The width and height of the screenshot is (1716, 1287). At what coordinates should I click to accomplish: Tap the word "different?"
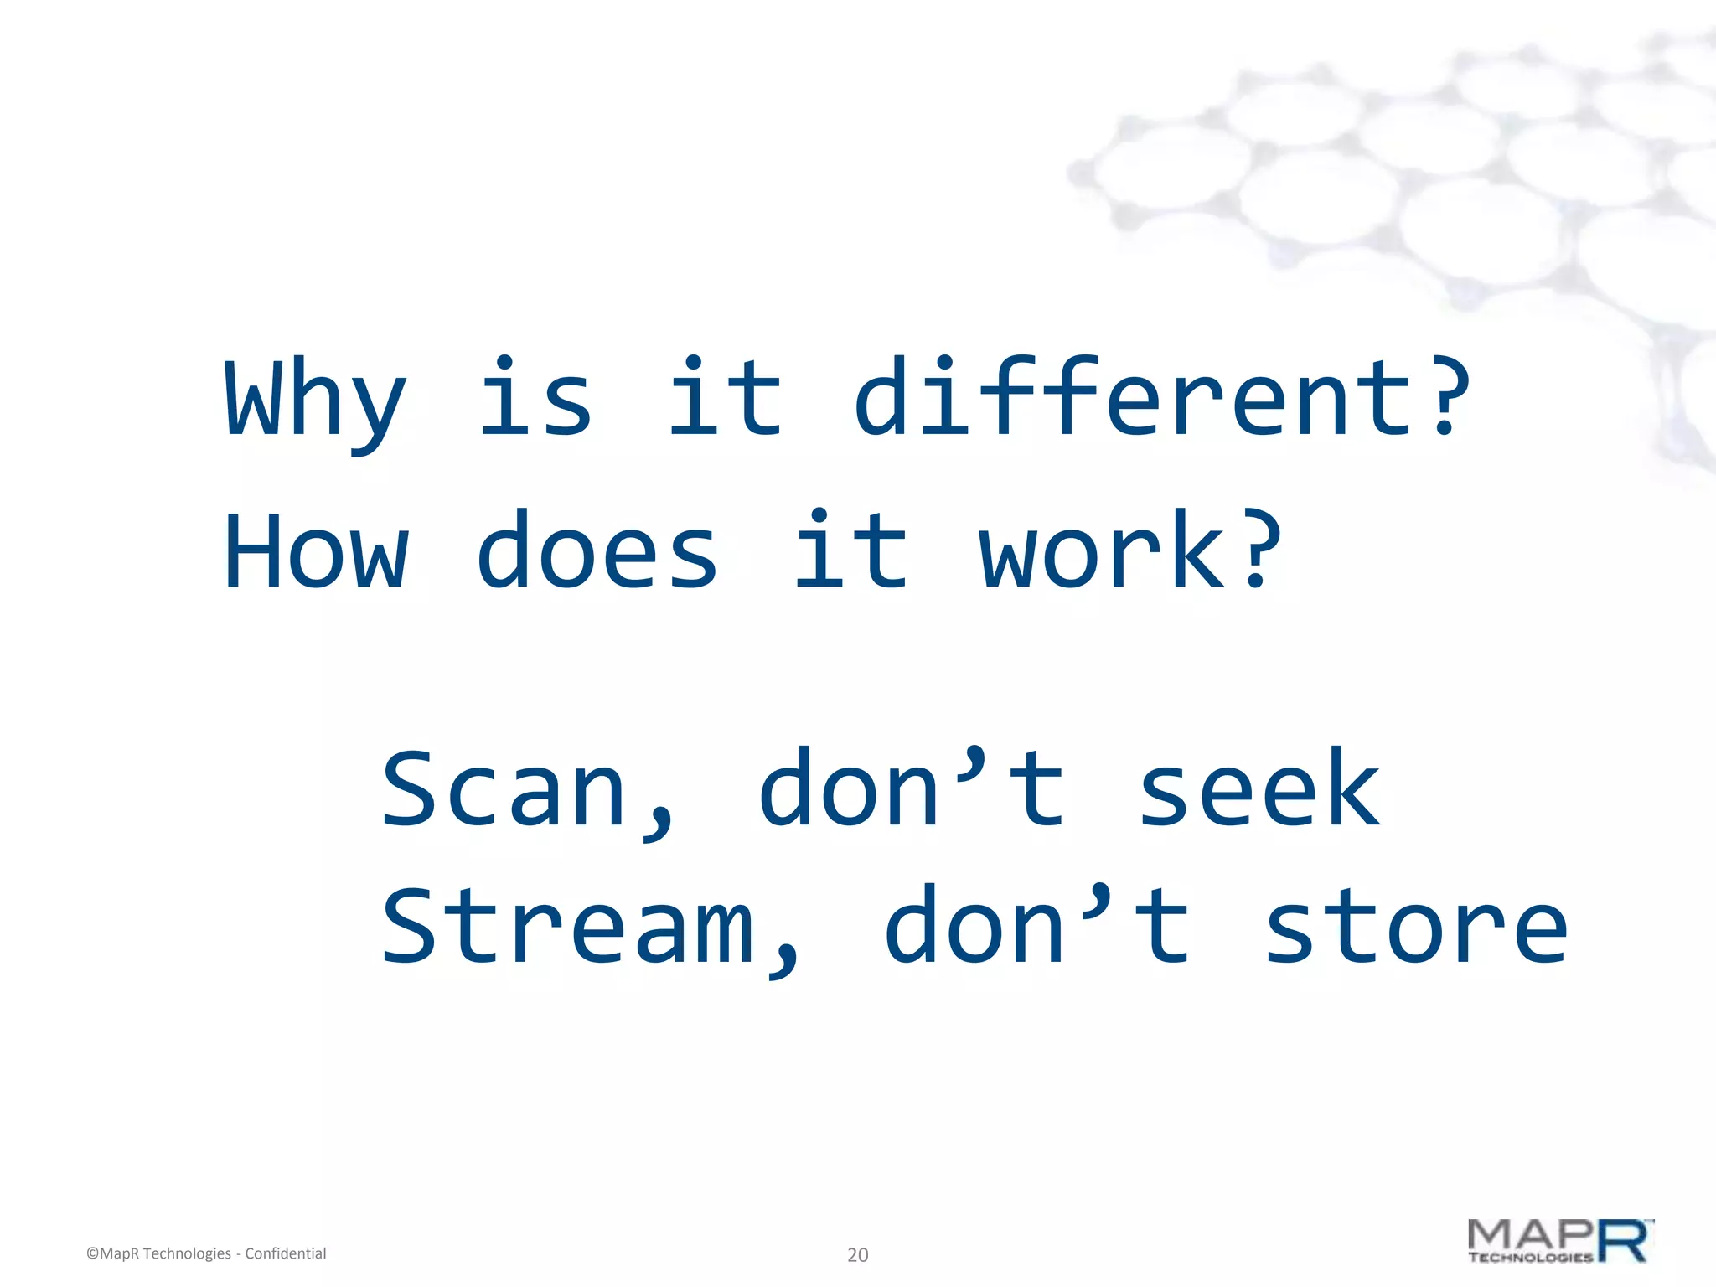point(1160,397)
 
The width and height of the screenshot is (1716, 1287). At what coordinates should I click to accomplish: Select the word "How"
point(316,551)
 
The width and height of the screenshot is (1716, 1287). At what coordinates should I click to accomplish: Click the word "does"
point(597,551)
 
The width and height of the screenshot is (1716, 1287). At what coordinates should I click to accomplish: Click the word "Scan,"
point(528,791)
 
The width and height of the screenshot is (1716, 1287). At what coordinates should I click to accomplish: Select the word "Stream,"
point(590,928)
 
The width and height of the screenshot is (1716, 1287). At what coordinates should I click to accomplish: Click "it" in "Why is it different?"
point(726,397)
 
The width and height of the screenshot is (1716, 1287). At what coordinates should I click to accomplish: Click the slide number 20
point(857,1254)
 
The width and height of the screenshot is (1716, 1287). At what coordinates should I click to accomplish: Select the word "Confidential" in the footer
point(285,1253)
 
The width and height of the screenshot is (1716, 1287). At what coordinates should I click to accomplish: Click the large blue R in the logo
point(1624,1241)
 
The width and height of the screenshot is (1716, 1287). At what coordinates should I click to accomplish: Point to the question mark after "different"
point(1445,397)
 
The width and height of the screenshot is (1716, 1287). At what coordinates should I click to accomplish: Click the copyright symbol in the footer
point(92,1254)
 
